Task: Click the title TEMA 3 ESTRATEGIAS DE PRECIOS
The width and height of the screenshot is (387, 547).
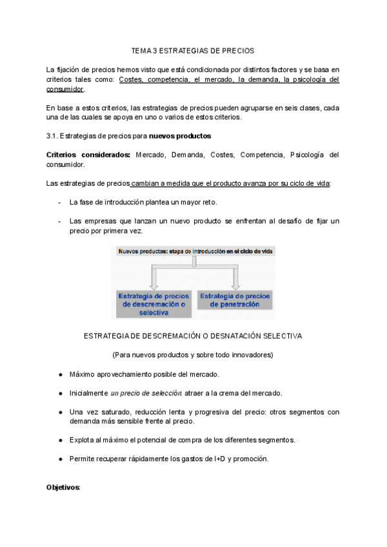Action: click(x=193, y=50)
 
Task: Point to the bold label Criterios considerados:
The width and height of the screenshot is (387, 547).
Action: click(x=88, y=155)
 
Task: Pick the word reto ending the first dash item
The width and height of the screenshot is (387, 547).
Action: click(x=207, y=202)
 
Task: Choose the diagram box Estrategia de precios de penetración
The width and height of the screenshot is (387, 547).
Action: click(x=235, y=299)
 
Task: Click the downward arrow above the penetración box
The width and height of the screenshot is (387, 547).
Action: click(x=235, y=275)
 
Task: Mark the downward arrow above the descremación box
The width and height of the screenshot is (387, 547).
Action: click(x=154, y=275)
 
